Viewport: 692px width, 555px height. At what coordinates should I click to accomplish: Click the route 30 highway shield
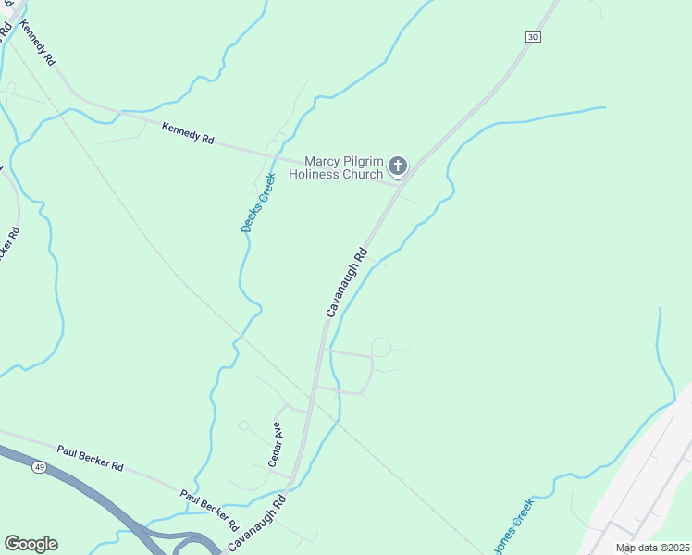[531, 36]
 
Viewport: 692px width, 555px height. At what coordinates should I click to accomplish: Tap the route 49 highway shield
[39, 467]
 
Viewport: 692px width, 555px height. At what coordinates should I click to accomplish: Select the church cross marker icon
[398, 166]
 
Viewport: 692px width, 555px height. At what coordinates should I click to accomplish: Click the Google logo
[31, 544]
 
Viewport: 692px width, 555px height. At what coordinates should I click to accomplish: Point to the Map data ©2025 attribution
[652, 548]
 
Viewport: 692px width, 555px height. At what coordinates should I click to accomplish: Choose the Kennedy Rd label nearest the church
[188, 133]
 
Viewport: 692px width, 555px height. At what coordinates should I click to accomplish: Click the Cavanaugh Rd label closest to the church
[347, 281]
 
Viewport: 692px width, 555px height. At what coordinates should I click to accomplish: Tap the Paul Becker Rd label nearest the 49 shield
[90, 457]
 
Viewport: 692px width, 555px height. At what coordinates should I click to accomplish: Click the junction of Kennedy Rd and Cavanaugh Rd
[401, 183]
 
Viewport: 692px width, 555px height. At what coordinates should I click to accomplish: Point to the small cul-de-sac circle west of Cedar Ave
[243, 425]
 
